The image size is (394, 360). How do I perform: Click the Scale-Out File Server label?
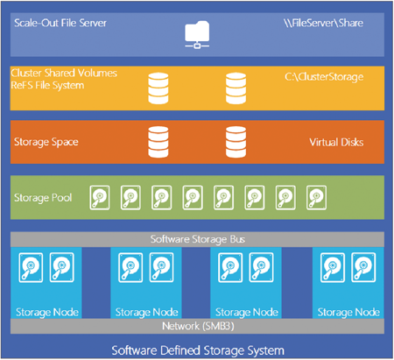click(x=60, y=23)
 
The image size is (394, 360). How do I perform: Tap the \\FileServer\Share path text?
click(x=323, y=23)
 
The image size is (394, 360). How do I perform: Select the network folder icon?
click(x=197, y=34)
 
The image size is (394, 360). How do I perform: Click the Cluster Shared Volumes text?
click(x=64, y=73)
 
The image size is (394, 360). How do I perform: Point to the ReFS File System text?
click(x=47, y=85)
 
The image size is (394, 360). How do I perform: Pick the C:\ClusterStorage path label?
click(x=324, y=77)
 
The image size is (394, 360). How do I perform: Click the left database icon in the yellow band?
click(x=158, y=88)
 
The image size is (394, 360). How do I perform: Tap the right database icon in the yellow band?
click(x=236, y=88)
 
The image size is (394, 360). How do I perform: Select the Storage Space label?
click(x=46, y=142)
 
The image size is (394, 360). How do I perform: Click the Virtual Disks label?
click(x=336, y=142)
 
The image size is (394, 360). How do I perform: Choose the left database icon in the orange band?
click(x=158, y=142)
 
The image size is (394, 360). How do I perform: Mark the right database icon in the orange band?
click(x=236, y=142)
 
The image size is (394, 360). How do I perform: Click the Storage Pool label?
click(x=43, y=198)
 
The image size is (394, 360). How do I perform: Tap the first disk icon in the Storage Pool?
click(x=100, y=198)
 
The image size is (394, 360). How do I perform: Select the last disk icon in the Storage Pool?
click(x=317, y=198)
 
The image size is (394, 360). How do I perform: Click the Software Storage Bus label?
click(x=198, y=239)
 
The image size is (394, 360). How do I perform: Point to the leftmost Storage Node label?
click(x=47, y=312)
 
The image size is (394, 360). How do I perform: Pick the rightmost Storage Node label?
click(x=348, y=312)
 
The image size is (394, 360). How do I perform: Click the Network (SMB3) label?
click(x=198, y=326)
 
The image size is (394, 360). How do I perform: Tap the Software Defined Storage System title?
click(x=198, y=350)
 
